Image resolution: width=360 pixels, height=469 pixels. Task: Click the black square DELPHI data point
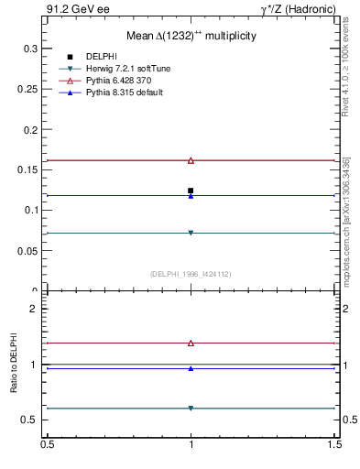click(x=191, y=191)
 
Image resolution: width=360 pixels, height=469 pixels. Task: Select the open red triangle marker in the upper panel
click(x=191, y=160)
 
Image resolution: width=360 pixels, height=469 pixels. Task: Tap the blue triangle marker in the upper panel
click(x=191, y=195)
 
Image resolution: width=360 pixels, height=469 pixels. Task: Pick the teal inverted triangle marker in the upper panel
click(x=191, y=233)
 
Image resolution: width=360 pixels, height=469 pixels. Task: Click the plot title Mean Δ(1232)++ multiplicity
click(x=191, y=36)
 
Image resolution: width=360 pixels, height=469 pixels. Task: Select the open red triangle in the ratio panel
click(x=191, y=343)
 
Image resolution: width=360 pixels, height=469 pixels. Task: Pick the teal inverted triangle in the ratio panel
click(x=191, y=409)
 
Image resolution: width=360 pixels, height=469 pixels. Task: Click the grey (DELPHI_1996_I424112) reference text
click(x=191, y=273)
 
